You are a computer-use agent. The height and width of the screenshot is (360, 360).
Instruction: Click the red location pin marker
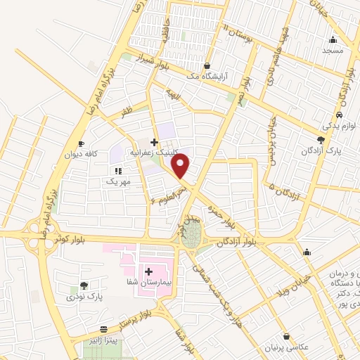coord(181,166)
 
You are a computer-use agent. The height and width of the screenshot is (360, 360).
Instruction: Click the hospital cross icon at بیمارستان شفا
coord(148,271)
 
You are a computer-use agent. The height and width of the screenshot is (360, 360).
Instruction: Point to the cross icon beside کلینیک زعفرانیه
coord(154,141)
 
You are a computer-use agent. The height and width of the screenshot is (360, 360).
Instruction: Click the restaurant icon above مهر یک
coord(118,170)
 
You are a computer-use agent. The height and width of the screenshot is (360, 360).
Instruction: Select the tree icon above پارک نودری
coord(84,285)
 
